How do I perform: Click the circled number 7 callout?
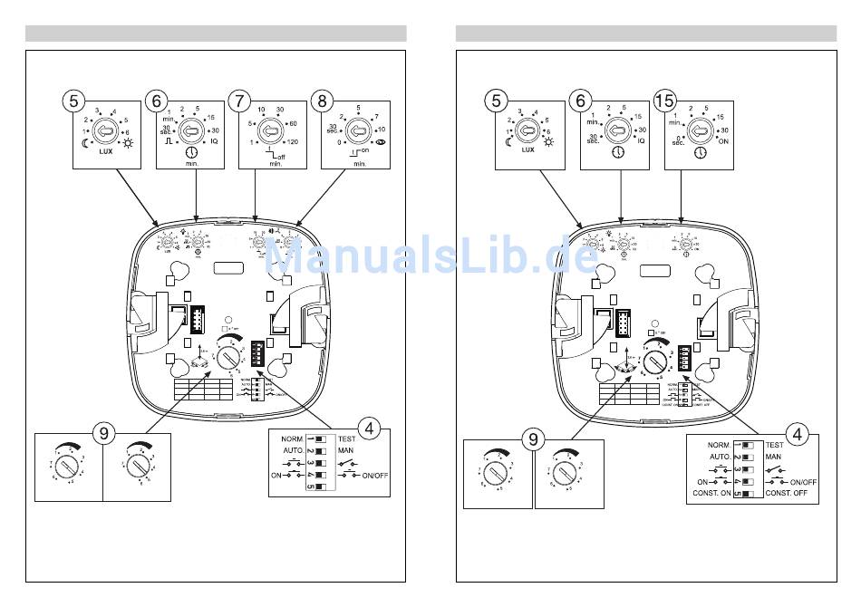239,101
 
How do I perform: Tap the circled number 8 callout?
322,101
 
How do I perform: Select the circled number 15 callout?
664,101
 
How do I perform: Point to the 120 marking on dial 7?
292,143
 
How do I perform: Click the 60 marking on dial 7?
292,123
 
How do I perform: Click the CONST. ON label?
712,493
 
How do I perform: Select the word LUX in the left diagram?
105,151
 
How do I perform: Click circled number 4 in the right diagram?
797,434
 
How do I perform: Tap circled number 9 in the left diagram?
104,434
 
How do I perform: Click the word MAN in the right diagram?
773,458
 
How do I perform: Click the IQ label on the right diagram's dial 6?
642,141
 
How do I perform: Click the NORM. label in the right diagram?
719,446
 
